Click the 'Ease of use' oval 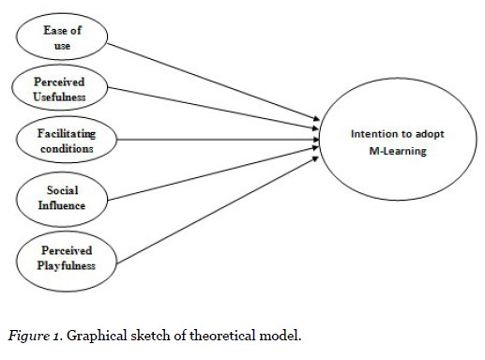coord(62,38)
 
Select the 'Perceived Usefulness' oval coord(60,88)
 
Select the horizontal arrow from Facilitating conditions coord(216,142)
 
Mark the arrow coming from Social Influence coord(216,174)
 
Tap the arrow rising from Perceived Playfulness coord(216,206)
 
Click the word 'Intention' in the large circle coord(373,134)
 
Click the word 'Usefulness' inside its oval coord(60,97)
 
